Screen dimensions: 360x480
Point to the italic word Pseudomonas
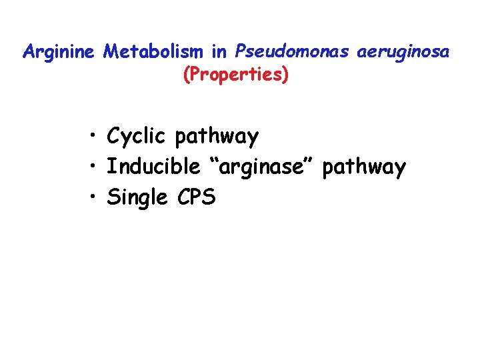click(287, 52)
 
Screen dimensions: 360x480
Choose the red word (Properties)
click(236, 75)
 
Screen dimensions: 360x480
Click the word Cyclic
click(136, 137)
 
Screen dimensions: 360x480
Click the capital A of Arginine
click(29, 52)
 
